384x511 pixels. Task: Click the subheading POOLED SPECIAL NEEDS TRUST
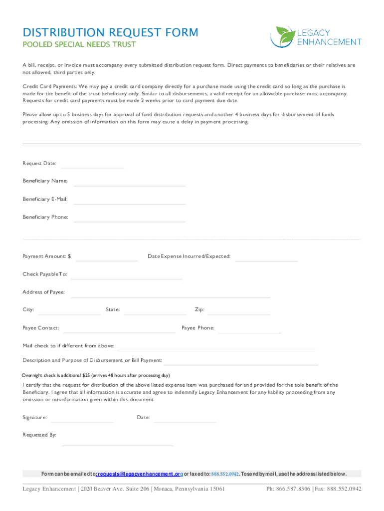click(x=79, y=45)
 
